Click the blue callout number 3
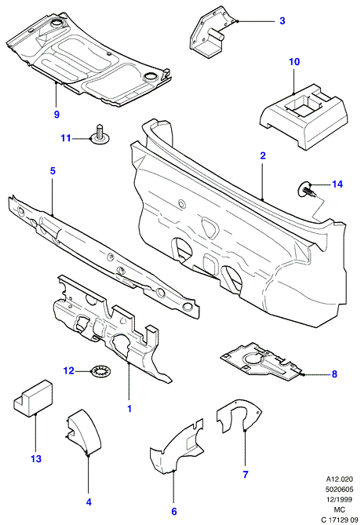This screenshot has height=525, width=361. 282,20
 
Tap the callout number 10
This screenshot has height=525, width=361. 294,62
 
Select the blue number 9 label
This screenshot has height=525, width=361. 57,114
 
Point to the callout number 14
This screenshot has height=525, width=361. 337,184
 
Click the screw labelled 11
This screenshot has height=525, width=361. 100,135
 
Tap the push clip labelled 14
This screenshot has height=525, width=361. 305,190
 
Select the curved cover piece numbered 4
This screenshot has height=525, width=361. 84,432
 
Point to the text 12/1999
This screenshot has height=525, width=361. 339,500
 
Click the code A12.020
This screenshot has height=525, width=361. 339,479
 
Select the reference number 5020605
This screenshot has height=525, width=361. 339,489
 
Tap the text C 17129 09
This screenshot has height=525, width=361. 339,520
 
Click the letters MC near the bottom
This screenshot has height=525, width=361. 339,509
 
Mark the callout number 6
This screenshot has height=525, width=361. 173,512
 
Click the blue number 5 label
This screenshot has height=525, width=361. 53,171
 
